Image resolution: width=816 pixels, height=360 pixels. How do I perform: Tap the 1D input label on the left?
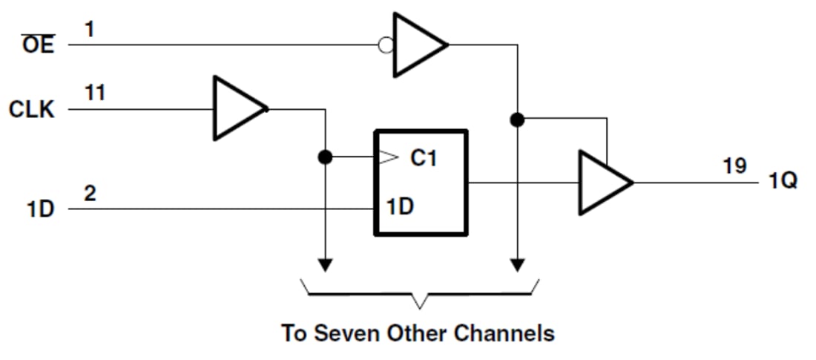pyautogui.click(x=41, y=209)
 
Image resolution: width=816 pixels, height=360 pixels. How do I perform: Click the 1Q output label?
pyautogui.click(x=783, y=181)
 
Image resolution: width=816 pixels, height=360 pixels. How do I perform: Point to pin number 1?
pyautogui.click(x=89, y=30)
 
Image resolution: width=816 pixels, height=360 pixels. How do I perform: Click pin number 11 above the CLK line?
pyautogui.click(x=95, y=94)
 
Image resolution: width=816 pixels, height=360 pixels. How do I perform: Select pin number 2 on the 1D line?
pyautogui.click(x=90, y=194)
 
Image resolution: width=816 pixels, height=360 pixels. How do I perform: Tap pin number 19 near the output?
pyautogui.click(x=734, y=166)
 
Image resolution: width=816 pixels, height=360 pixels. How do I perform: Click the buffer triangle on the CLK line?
pyautogui.click(x=237, y=108)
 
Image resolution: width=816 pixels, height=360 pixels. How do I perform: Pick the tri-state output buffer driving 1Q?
pyautogui.click(x=602, y=183)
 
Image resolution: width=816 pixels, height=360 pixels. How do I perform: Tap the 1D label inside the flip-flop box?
pyautogui.click(x=400, y=207)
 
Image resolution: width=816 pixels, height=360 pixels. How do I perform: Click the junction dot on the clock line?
pyautogui.click(x=324, y=157)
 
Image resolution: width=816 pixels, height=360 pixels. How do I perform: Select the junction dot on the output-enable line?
pyautogui.click(x=517, y=119)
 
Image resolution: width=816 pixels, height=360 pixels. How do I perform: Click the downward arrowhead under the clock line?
pyautogui.click(x=325, y=265)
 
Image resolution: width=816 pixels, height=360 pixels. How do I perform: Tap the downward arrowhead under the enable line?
pyautogui.click(x=518, y=265)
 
